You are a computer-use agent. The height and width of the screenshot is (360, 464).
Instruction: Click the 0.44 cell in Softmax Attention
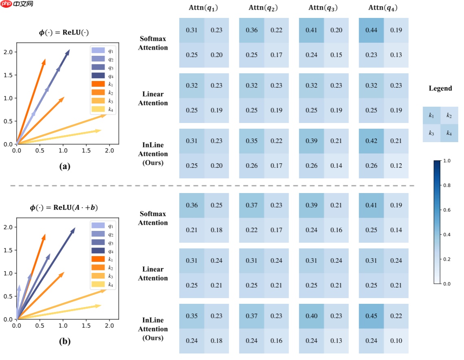(x=371, y=30)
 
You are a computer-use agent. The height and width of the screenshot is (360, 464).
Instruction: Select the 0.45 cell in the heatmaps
(x=371, y=316)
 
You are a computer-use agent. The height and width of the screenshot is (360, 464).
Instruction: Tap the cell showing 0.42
(x=371, y=141)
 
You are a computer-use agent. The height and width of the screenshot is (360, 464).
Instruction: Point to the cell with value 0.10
(x=396, y=341)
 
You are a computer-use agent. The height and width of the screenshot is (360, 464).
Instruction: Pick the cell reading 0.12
(x=396, y=166)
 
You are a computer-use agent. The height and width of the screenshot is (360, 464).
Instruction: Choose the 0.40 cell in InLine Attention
(x=311, y=316)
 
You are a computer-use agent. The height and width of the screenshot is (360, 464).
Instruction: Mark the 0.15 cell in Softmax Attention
(x=336, y=55)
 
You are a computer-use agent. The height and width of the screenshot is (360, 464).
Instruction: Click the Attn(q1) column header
(x=204, y=8)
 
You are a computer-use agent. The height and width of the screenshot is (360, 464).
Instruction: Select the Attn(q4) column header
(x=383, y=8)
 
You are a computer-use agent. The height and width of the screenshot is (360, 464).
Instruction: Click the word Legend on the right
(x=440, y=88)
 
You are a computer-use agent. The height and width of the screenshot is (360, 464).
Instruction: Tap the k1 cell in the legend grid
(x=431, y=116)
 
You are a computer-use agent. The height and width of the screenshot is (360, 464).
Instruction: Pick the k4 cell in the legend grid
(x=449, y=133)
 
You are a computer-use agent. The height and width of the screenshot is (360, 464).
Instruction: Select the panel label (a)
(x=65, y=166)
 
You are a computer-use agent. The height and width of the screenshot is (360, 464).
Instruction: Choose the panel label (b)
(x=65, y=341)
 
